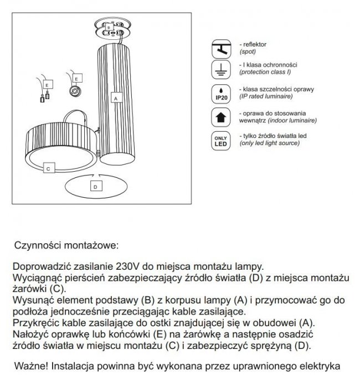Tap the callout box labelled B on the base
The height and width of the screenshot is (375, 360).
pos(109,25)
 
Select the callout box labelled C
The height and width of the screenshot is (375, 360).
pos(48,167)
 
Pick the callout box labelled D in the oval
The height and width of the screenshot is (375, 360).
pos(95,187)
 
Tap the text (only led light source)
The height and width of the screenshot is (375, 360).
pos(269,143)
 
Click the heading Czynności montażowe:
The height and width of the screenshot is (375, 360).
pos(66,244)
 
